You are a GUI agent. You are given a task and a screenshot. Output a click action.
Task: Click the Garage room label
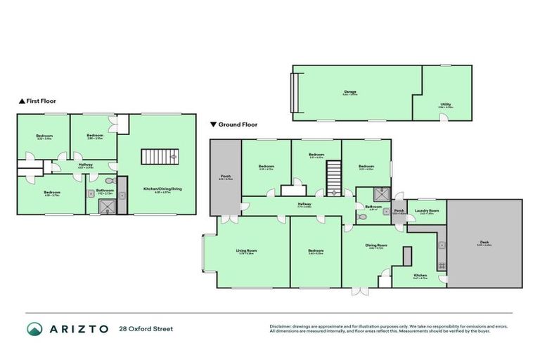[x=350, y=91]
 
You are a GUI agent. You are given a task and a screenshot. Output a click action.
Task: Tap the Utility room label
[x=445, y=104]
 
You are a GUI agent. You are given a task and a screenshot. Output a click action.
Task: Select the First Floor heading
[x=40, y=101]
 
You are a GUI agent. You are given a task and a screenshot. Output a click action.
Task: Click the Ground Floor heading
[x=237, y=124]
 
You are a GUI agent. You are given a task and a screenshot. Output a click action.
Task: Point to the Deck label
[x=484, y=243]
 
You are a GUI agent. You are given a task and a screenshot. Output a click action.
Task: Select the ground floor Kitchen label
[x=420, y=275]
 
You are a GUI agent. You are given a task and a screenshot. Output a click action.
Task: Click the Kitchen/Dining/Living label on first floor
[x=157, y=190]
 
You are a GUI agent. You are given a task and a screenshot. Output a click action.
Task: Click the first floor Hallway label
[x=85, y=165]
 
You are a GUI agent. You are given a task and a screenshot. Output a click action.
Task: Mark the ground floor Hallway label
[x=304, y=205]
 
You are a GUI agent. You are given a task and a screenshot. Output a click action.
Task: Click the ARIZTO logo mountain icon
[x=34, y=329]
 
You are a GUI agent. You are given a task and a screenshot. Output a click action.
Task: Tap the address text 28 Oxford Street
[x=146, y=328]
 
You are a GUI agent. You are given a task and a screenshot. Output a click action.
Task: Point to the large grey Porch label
[x=225, y=177]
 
